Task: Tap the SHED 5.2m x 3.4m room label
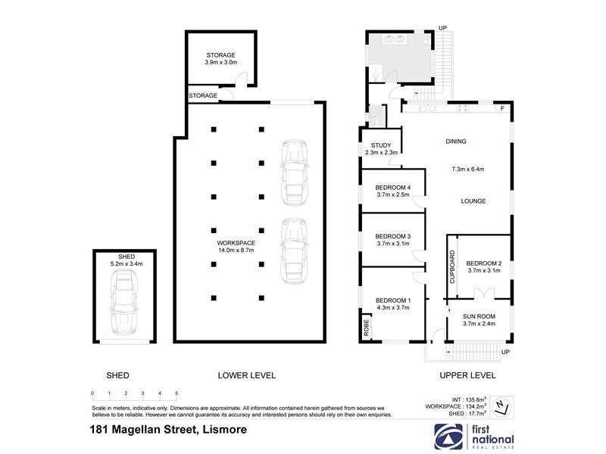tap(126, 260)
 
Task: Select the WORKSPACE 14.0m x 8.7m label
tap(236, 246)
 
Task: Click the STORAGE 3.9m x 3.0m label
tap(220, 58)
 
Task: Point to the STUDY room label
tap(380, 149)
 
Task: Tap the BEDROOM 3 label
tap(392, 239)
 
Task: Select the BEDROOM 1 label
tap(392, 303)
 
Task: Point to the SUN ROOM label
tap(479, 320)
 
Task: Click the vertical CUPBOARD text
tap(452, 269)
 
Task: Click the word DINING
tap(456, 141)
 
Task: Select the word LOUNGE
tap(473, 201)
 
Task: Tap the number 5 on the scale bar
tap(176, 393)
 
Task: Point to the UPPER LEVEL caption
tap(467, 375)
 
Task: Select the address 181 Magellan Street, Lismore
tap(167, 430)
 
